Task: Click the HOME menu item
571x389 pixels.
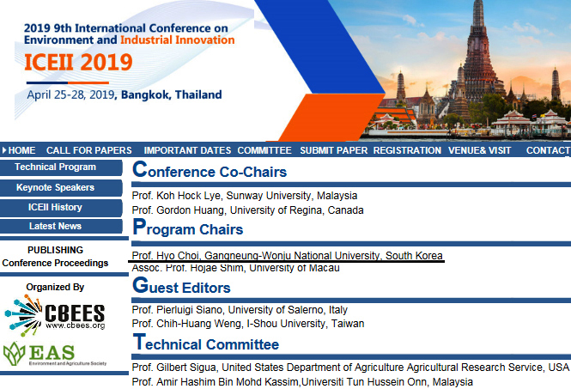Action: point(21,150)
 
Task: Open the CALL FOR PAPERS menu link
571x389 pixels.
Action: point(88,150)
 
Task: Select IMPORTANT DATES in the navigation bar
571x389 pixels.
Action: point(187,150)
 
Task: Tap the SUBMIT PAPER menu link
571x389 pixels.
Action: point(333,150)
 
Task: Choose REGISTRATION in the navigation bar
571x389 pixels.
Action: point(407,150)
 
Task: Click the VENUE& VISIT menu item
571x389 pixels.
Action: point(480,150)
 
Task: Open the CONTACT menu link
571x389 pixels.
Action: point(548,150)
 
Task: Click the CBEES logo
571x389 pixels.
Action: point(55,315)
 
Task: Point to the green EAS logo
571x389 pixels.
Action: point(55,354)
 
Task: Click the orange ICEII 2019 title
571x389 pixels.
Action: point(78,63)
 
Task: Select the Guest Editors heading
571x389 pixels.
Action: point(181,286)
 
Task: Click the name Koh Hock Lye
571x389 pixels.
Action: point(188,196)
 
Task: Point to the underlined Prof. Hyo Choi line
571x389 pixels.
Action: point(287,256)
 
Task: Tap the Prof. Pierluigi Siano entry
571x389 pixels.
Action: point(240,310)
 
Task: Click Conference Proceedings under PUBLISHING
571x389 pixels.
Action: point(55,263)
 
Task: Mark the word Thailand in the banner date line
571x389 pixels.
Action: point(198,94)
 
